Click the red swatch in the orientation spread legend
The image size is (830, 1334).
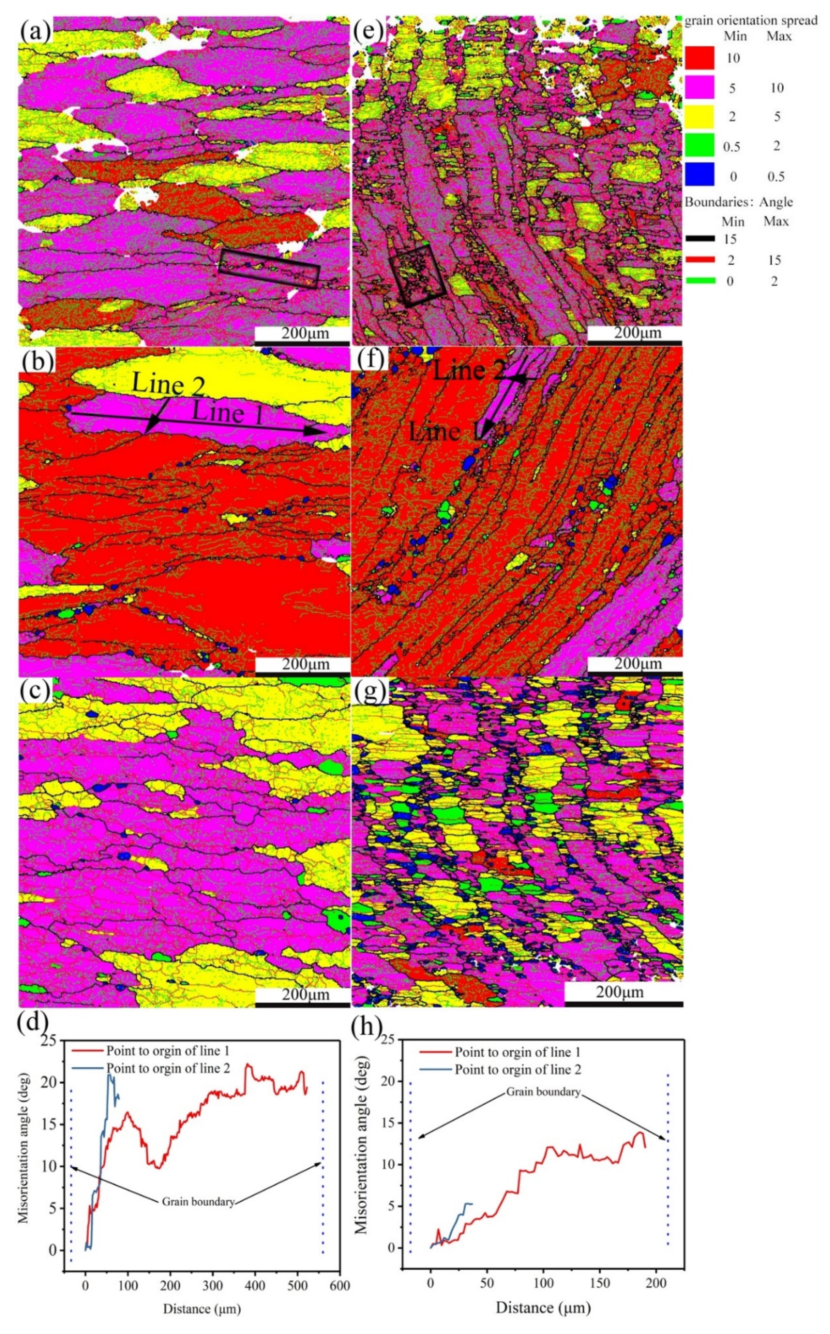(x=700, y=58)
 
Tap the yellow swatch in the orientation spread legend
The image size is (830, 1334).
(x=700, y=116)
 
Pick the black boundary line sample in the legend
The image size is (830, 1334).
(x=700, y=239)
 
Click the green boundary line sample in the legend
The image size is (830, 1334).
(x=700, y=280)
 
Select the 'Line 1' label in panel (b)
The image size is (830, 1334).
(x=227, y=413)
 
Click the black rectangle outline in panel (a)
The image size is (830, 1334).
(x=269, y=268)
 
